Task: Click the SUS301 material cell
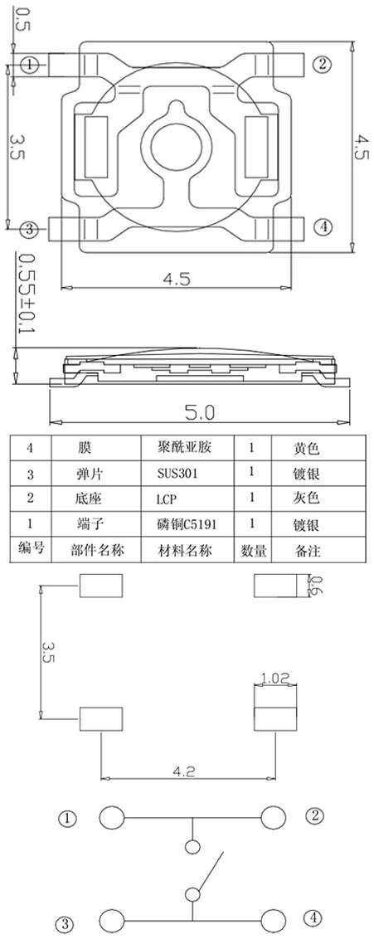click(x=177, y=474)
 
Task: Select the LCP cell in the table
click(x=167, y=499)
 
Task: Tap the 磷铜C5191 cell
click(x=186, y=524)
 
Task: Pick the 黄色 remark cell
click(x=307, y=447)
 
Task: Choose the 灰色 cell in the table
click(x=307, y=499)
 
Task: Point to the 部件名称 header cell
click(x=98, y=550)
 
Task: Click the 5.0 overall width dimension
click(x=199, y=412)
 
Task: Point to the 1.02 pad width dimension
click(x=275, y=679)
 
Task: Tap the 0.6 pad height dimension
click(x=318, y=585)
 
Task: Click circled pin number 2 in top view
click(x=323, y=64)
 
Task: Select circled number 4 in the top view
click(x=323, y=227)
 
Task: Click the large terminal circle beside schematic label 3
click(x=112, y=918)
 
